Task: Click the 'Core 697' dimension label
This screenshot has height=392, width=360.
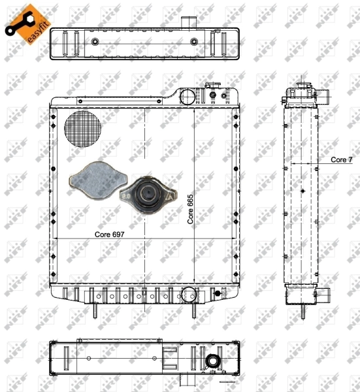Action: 110,233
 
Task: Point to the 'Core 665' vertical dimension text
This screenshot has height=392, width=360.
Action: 191,211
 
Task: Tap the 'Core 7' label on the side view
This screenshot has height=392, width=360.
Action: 341,159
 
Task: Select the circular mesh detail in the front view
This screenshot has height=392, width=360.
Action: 80,128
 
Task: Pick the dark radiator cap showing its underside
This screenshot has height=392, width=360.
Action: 150,194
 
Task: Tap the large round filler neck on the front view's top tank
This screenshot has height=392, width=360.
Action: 188,96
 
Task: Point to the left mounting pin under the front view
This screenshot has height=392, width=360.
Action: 96,311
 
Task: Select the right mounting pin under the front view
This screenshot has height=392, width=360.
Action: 195,311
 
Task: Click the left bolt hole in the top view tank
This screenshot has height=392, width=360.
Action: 95,42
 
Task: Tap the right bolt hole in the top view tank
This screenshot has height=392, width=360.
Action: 193,42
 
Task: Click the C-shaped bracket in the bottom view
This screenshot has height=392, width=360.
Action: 169,359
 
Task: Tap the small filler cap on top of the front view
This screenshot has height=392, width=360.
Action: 213,88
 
